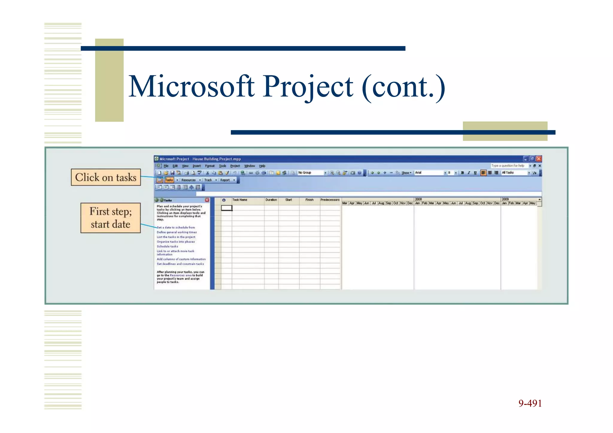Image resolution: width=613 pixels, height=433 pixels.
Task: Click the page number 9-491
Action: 530,403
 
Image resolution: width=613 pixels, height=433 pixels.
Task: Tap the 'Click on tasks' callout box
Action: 106,177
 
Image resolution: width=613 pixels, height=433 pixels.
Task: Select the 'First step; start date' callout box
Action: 110,218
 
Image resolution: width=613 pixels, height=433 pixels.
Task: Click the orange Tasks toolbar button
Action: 169,180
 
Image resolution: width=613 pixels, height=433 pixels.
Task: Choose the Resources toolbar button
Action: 189,180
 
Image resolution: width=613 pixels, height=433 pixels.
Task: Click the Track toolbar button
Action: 208,180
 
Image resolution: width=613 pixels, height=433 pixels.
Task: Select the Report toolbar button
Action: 225,180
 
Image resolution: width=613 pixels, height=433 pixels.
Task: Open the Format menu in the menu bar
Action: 210,166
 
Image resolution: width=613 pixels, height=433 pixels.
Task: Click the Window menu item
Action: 249,166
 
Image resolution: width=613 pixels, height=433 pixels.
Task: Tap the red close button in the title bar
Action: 539,159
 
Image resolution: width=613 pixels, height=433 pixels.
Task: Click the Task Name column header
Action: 240,200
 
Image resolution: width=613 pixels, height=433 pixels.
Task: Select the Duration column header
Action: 271,200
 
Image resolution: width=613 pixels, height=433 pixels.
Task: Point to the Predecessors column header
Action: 330,200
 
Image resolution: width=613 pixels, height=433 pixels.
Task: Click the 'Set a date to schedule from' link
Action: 176,227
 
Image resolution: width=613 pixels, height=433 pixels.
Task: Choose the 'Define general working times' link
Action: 177,232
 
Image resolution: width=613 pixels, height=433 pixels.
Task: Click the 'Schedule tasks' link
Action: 167,247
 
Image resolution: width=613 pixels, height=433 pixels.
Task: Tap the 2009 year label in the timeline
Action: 505,199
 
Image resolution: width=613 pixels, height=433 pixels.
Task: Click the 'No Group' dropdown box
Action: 311,173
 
